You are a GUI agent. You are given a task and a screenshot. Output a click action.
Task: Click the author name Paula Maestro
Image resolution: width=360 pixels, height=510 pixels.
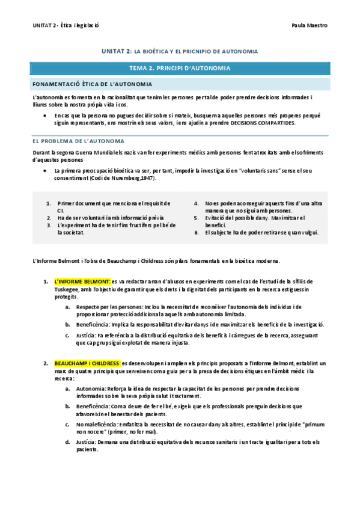pos(309,25)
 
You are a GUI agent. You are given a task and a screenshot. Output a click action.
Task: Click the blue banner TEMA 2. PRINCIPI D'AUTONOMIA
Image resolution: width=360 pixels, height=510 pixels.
pos(180,68)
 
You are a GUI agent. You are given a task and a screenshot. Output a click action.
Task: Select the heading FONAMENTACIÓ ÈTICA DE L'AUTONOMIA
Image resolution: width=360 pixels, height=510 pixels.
pos(92,84)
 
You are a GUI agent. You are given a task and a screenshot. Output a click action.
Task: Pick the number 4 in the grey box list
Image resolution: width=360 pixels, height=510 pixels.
pos(197,203)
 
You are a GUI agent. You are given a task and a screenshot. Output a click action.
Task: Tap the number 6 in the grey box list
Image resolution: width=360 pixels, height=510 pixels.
pos(197,232)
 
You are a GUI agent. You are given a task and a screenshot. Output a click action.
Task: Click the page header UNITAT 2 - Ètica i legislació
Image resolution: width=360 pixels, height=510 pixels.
pos(66,25)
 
